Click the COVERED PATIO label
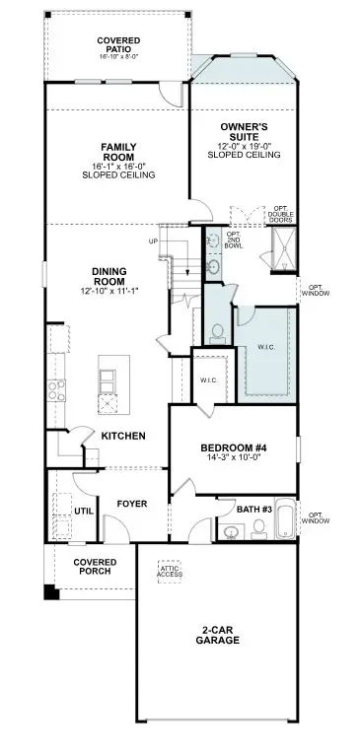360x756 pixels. pyautogui.click(x=117, y=44)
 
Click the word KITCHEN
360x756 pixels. pyautogui.click(x=124, y=436)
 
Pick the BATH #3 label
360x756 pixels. pyautogui.click(x=255, y=509)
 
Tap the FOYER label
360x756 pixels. pyautogui.click(x=132, y=504)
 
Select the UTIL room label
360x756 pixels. pyautogui.click(x=83, y=512)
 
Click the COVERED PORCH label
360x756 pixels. pyautogui.click(x=95, y=566)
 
